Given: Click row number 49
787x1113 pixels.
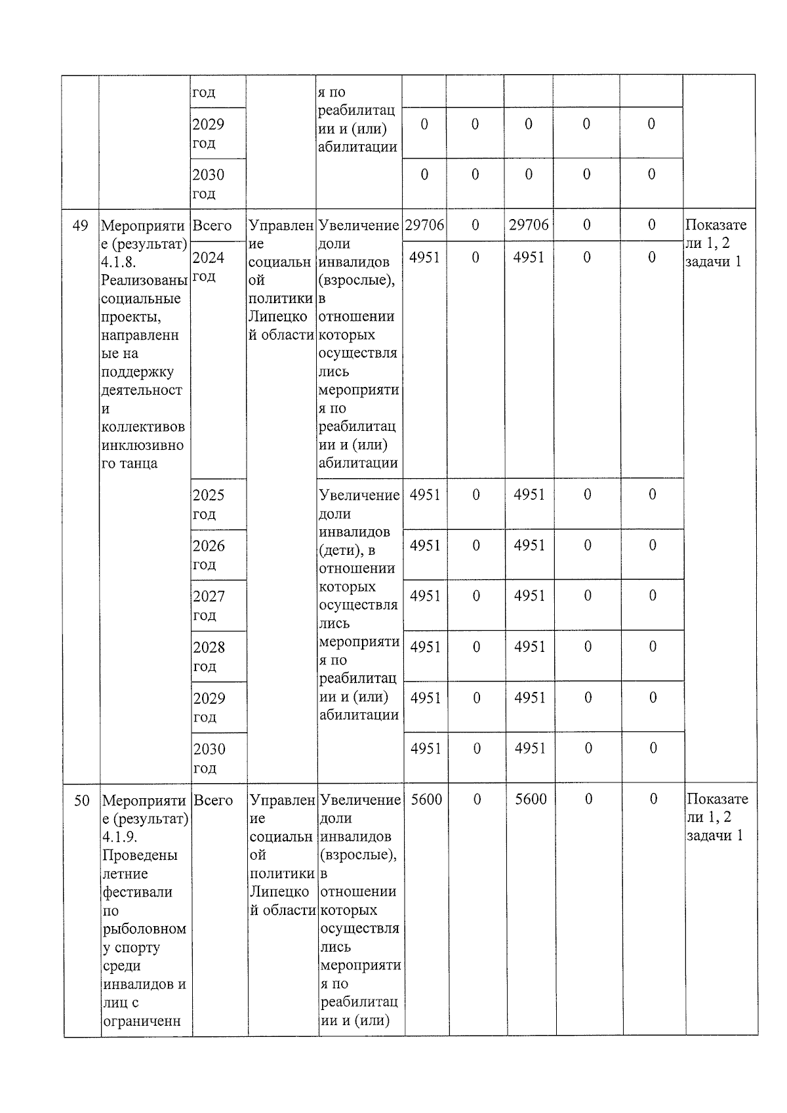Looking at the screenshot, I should click(80, 226).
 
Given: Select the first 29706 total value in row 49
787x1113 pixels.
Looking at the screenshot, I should click(424, 225).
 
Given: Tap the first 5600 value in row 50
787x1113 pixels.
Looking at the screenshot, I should click(426, 799).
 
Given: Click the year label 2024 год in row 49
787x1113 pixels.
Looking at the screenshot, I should click(209, 266).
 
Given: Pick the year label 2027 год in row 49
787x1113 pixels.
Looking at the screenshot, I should click(209, 605).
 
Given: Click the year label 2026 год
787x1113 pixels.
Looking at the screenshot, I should click(209, 555).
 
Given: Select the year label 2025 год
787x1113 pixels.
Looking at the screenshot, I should click(209, 504).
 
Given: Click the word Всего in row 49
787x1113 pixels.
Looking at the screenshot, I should click(212, 226).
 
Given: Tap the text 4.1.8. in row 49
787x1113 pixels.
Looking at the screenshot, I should click(119, 262).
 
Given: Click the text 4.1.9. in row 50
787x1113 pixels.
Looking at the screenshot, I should click(120, 838).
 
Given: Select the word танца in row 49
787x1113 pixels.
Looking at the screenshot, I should click(139, 464).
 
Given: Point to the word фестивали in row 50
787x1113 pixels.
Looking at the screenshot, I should click(138, 893).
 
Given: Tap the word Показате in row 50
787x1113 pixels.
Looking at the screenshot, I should click(717, 799).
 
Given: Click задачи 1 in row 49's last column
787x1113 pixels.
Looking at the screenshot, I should click(714, 262).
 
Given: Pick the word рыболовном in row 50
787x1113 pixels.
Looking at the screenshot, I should click(144, 929).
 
